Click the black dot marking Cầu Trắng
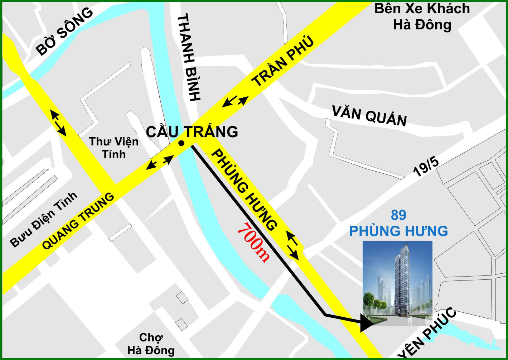[x=182, y=143]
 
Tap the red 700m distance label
[x=253, y=243]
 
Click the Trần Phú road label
[x=283, y=61]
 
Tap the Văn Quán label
[x=369, y=116]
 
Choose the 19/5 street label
[x=426, y=167]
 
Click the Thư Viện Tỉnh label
[x=113, y=148]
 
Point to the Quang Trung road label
[x=78, y=221]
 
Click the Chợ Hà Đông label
[x=151, y=344]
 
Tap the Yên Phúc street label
[x=428, y=333]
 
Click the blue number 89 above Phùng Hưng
[x=398, y=215]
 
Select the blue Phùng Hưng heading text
[x=398, y=231]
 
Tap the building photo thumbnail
[x=397, y=283]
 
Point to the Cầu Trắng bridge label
[x=192, y=132]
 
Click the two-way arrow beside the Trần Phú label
[x=235, y=101]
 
